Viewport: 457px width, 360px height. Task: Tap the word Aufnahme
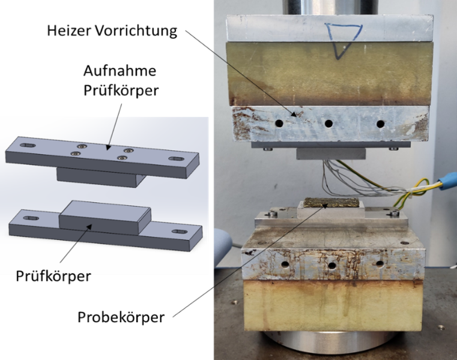120,71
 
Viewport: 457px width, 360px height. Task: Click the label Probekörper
121,317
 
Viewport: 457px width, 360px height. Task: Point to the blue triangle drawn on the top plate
344,41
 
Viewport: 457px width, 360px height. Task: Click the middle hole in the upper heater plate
328,124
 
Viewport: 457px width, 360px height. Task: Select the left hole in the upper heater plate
279,123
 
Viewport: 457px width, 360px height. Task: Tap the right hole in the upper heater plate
380,124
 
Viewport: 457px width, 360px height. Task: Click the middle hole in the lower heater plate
332,265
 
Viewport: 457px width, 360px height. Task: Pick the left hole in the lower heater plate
285,265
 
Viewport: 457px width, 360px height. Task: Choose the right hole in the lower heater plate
380,264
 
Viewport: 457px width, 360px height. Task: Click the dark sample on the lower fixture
331,203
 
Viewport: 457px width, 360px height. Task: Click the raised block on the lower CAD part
105,217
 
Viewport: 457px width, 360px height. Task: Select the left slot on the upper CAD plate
28,145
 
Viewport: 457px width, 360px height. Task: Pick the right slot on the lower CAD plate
180,232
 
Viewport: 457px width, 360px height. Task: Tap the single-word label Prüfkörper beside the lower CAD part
53,276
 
